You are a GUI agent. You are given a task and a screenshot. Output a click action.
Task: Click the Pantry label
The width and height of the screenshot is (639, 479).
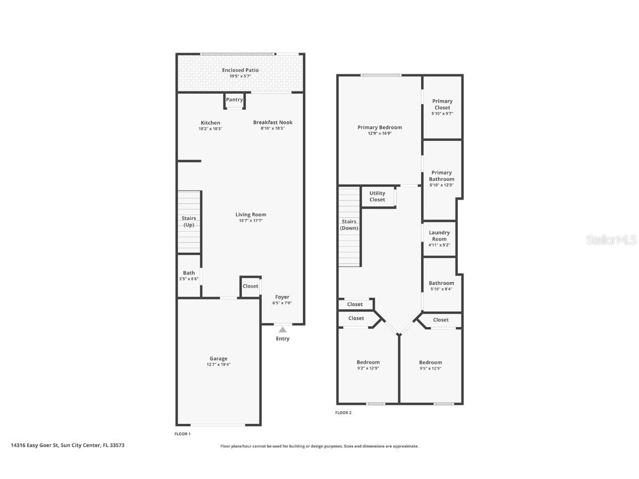235,100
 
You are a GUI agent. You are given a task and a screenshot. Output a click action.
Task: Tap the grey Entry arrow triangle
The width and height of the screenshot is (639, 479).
283,330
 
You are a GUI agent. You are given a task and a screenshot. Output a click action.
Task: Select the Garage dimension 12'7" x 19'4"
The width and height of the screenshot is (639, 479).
219,365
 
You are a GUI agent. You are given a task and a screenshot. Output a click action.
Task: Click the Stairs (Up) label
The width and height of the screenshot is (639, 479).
189,222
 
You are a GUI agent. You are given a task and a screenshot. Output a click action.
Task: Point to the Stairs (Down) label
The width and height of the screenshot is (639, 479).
349,225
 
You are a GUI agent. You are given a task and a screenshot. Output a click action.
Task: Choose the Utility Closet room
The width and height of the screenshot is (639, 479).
377,196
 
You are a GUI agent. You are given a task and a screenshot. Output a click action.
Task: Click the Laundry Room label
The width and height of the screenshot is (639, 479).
439,236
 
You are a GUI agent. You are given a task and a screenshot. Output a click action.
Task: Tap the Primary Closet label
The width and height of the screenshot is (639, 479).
442,104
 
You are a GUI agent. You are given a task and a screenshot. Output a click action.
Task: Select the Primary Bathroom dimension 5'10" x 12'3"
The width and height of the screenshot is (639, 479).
442,185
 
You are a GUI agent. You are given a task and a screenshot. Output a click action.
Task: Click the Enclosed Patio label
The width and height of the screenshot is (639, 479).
240,70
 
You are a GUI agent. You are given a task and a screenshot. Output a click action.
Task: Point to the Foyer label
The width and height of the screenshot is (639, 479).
282,297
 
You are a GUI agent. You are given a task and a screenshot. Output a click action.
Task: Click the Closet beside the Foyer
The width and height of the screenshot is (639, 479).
250,286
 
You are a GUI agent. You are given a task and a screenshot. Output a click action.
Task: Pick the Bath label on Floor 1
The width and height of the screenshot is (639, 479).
189,273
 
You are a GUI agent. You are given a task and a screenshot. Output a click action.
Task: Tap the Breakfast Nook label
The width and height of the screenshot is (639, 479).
272,123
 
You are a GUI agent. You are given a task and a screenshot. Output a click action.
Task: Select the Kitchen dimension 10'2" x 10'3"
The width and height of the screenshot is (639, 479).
210,129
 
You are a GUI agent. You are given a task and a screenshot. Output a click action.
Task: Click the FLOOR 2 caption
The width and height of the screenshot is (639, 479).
343,412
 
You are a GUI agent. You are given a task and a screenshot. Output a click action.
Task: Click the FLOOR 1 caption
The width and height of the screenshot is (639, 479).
182,434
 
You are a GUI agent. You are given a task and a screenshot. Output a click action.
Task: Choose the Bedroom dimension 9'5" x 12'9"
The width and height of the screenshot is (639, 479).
430,368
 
